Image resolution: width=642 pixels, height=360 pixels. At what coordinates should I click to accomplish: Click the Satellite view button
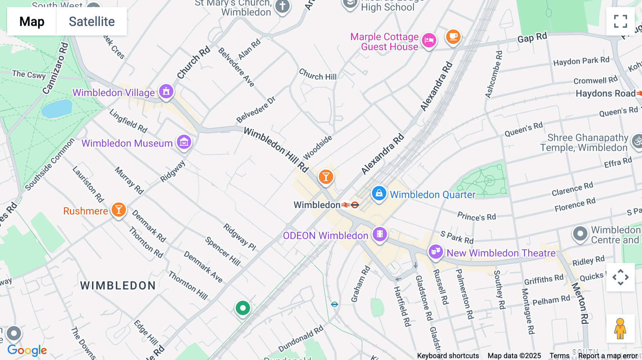pos(92,21)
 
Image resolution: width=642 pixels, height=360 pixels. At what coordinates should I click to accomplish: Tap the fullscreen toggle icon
pos(620,21)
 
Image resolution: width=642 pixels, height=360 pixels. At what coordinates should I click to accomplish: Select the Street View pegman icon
pos(620,329)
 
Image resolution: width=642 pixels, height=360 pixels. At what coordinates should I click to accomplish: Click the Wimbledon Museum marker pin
pos(184,142)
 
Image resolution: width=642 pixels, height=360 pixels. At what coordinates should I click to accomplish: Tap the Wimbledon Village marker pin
pos(166,92)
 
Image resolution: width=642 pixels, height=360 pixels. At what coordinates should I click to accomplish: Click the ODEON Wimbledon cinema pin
pos(380,234)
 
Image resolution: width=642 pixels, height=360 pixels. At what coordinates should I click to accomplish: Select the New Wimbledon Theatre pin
pos(435,252)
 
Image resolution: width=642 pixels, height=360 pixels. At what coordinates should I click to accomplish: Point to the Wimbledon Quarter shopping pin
pos(379,194)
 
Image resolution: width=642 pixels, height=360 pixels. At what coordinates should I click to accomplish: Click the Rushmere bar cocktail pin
pos(119,210)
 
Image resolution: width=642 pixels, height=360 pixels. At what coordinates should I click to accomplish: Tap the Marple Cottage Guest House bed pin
pos(429,40)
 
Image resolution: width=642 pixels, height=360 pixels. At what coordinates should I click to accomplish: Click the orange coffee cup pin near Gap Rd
pos(453,37)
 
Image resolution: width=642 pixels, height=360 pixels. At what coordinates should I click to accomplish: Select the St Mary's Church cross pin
pos(282,6)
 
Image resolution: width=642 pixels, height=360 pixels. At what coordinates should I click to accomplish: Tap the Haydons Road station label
pos(605,94)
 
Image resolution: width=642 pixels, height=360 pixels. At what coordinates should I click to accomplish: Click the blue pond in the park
pos(57,109)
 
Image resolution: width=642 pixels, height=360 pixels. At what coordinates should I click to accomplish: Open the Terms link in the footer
pos(559,355)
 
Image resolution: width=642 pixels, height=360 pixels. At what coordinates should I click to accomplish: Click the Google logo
pos(27,350)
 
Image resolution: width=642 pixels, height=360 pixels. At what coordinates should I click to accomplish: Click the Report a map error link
pos(608,355)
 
